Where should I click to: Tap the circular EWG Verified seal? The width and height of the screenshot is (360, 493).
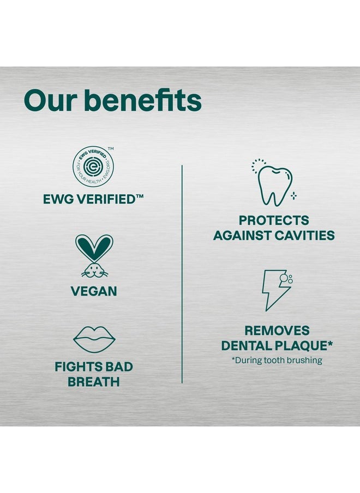point(93,167)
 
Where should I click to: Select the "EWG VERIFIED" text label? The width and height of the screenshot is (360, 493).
point(93,200)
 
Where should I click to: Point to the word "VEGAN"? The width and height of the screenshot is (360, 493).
point(94,291)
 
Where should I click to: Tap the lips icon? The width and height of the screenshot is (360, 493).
point(94,339)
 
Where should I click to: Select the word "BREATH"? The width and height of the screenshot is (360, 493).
point(93,382)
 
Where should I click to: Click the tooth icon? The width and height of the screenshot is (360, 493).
point(274,184)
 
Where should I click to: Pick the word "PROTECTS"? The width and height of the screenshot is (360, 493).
point(274,221)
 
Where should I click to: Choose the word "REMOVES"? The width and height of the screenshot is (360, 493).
point(277,330)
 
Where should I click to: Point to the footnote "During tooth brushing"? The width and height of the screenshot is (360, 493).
point(277,360)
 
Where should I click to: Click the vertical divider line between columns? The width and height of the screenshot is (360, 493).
point(182,273)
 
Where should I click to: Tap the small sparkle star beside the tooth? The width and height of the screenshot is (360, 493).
point(293,195)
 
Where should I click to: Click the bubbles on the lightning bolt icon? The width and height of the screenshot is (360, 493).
point(286,279)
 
